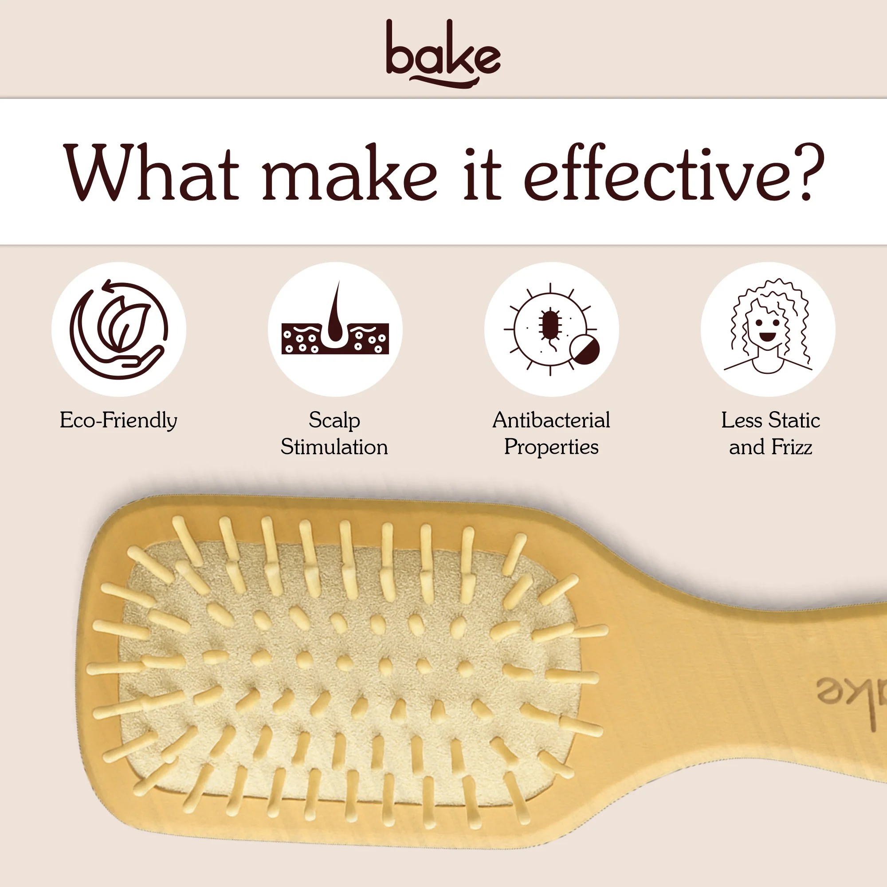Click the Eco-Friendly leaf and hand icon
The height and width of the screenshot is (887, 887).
click(x=119, y=329)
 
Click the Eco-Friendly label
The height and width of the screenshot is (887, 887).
click(x=118, y=420)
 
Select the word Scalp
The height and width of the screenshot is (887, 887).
click(x=334, y=420)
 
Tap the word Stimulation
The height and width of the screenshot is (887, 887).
click(x=334, y=447)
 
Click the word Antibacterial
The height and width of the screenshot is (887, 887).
click(x=551, y=420)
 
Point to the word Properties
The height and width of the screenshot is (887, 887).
click(x=551, y=447)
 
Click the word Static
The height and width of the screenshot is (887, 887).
click(x=794, y=420)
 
